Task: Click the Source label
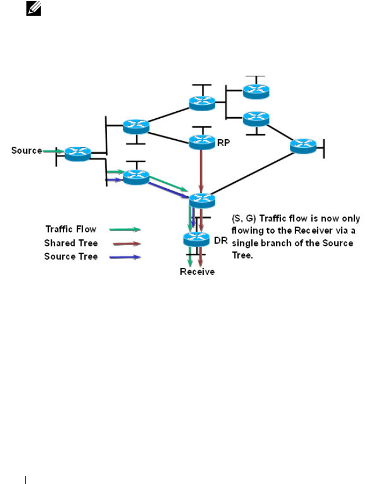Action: [x=26, y=151]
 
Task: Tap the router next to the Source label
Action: [x=78, y=153]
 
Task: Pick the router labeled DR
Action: [x=196, y=239]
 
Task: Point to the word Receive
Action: [x=197, y=272]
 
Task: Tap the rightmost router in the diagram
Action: [x=303, y=146]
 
